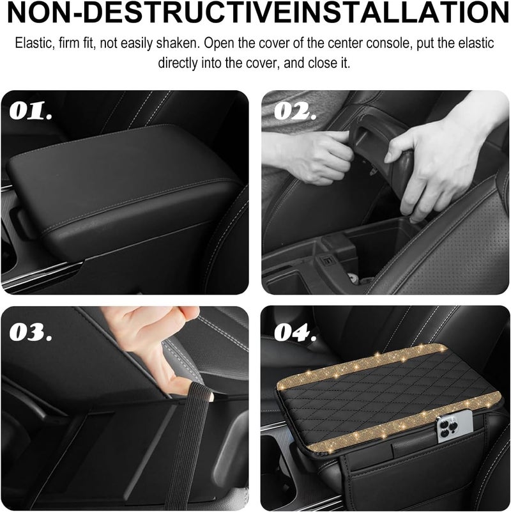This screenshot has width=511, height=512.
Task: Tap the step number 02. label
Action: point(295,112)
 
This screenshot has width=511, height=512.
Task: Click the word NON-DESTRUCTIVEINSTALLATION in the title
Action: point(256,13)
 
